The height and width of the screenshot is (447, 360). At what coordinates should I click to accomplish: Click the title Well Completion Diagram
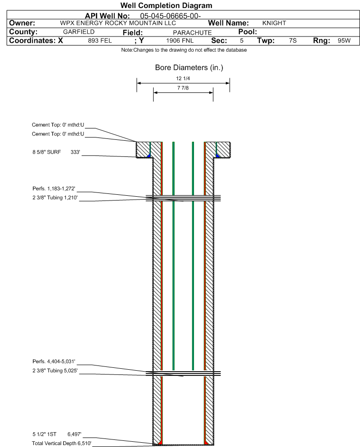(x=166, y=6)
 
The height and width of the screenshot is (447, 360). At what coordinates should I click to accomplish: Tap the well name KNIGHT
(x=274, y=23)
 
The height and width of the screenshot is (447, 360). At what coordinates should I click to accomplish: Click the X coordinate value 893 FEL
(x=100, y=41)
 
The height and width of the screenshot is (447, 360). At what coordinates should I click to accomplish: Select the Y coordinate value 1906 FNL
(x=180, y=41)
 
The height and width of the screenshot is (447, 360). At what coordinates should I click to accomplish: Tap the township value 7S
(x=293, y=41)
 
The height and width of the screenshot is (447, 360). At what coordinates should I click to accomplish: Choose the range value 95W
(x=344, y=41)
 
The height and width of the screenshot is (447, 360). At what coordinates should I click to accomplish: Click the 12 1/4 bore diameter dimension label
(x=183, y=78)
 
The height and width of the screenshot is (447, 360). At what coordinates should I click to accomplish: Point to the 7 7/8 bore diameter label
(x=183, y=88)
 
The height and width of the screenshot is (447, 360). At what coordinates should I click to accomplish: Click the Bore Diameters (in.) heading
(x=189, y=68)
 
